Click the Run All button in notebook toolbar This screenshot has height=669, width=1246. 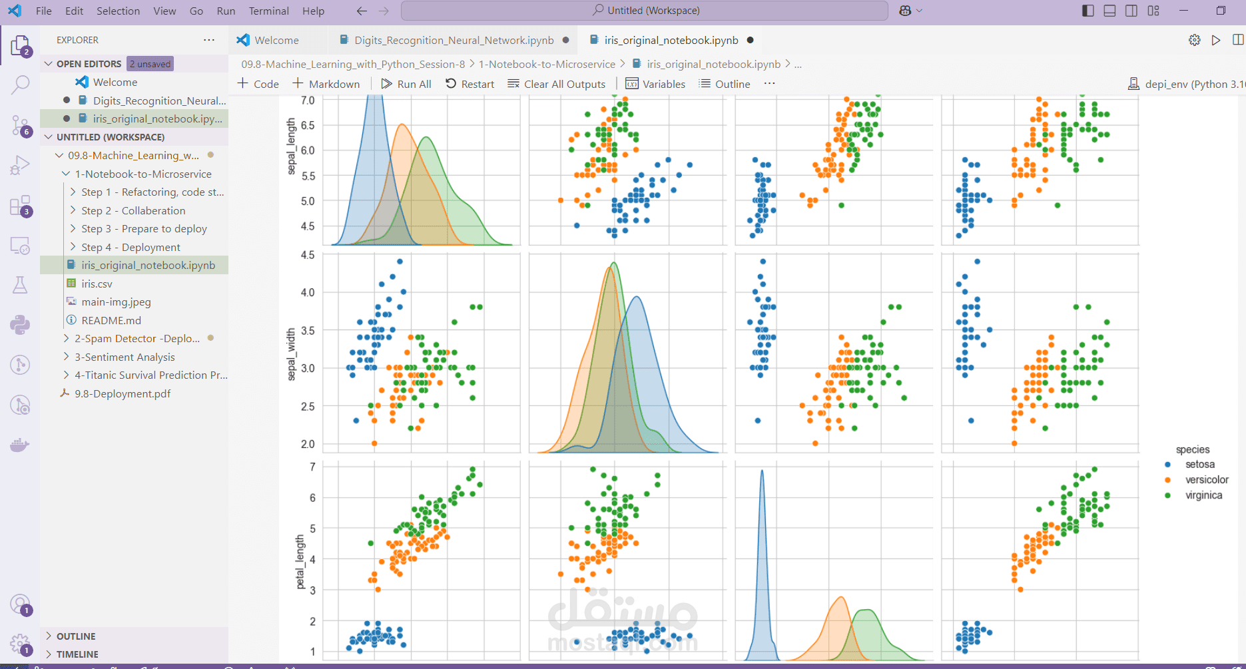[406, 84]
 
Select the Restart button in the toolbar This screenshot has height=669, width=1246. [470, 84]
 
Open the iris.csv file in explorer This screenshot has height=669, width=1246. [97, 284]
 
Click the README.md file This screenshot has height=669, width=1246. [111, 320]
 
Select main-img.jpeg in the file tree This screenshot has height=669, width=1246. [116, 302]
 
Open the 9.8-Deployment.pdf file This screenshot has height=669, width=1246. [123, 393]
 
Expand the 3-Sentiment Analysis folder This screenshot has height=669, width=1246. [125, 357]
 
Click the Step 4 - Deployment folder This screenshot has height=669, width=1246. [131, 247]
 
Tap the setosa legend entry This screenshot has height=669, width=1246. [1199, 465]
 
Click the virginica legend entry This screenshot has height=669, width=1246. [1203, 495]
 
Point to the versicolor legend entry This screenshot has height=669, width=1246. [1206, 480]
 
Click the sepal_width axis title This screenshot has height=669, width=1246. [291, 355]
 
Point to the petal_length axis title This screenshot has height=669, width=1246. [300, 562]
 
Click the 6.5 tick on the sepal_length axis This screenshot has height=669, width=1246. [308, 125]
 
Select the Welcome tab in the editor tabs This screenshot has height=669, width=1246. [276, 40]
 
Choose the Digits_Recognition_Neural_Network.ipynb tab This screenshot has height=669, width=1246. [454, 40]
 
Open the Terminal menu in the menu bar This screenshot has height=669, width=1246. [268, 11]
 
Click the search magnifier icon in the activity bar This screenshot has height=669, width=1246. [20, 85]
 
